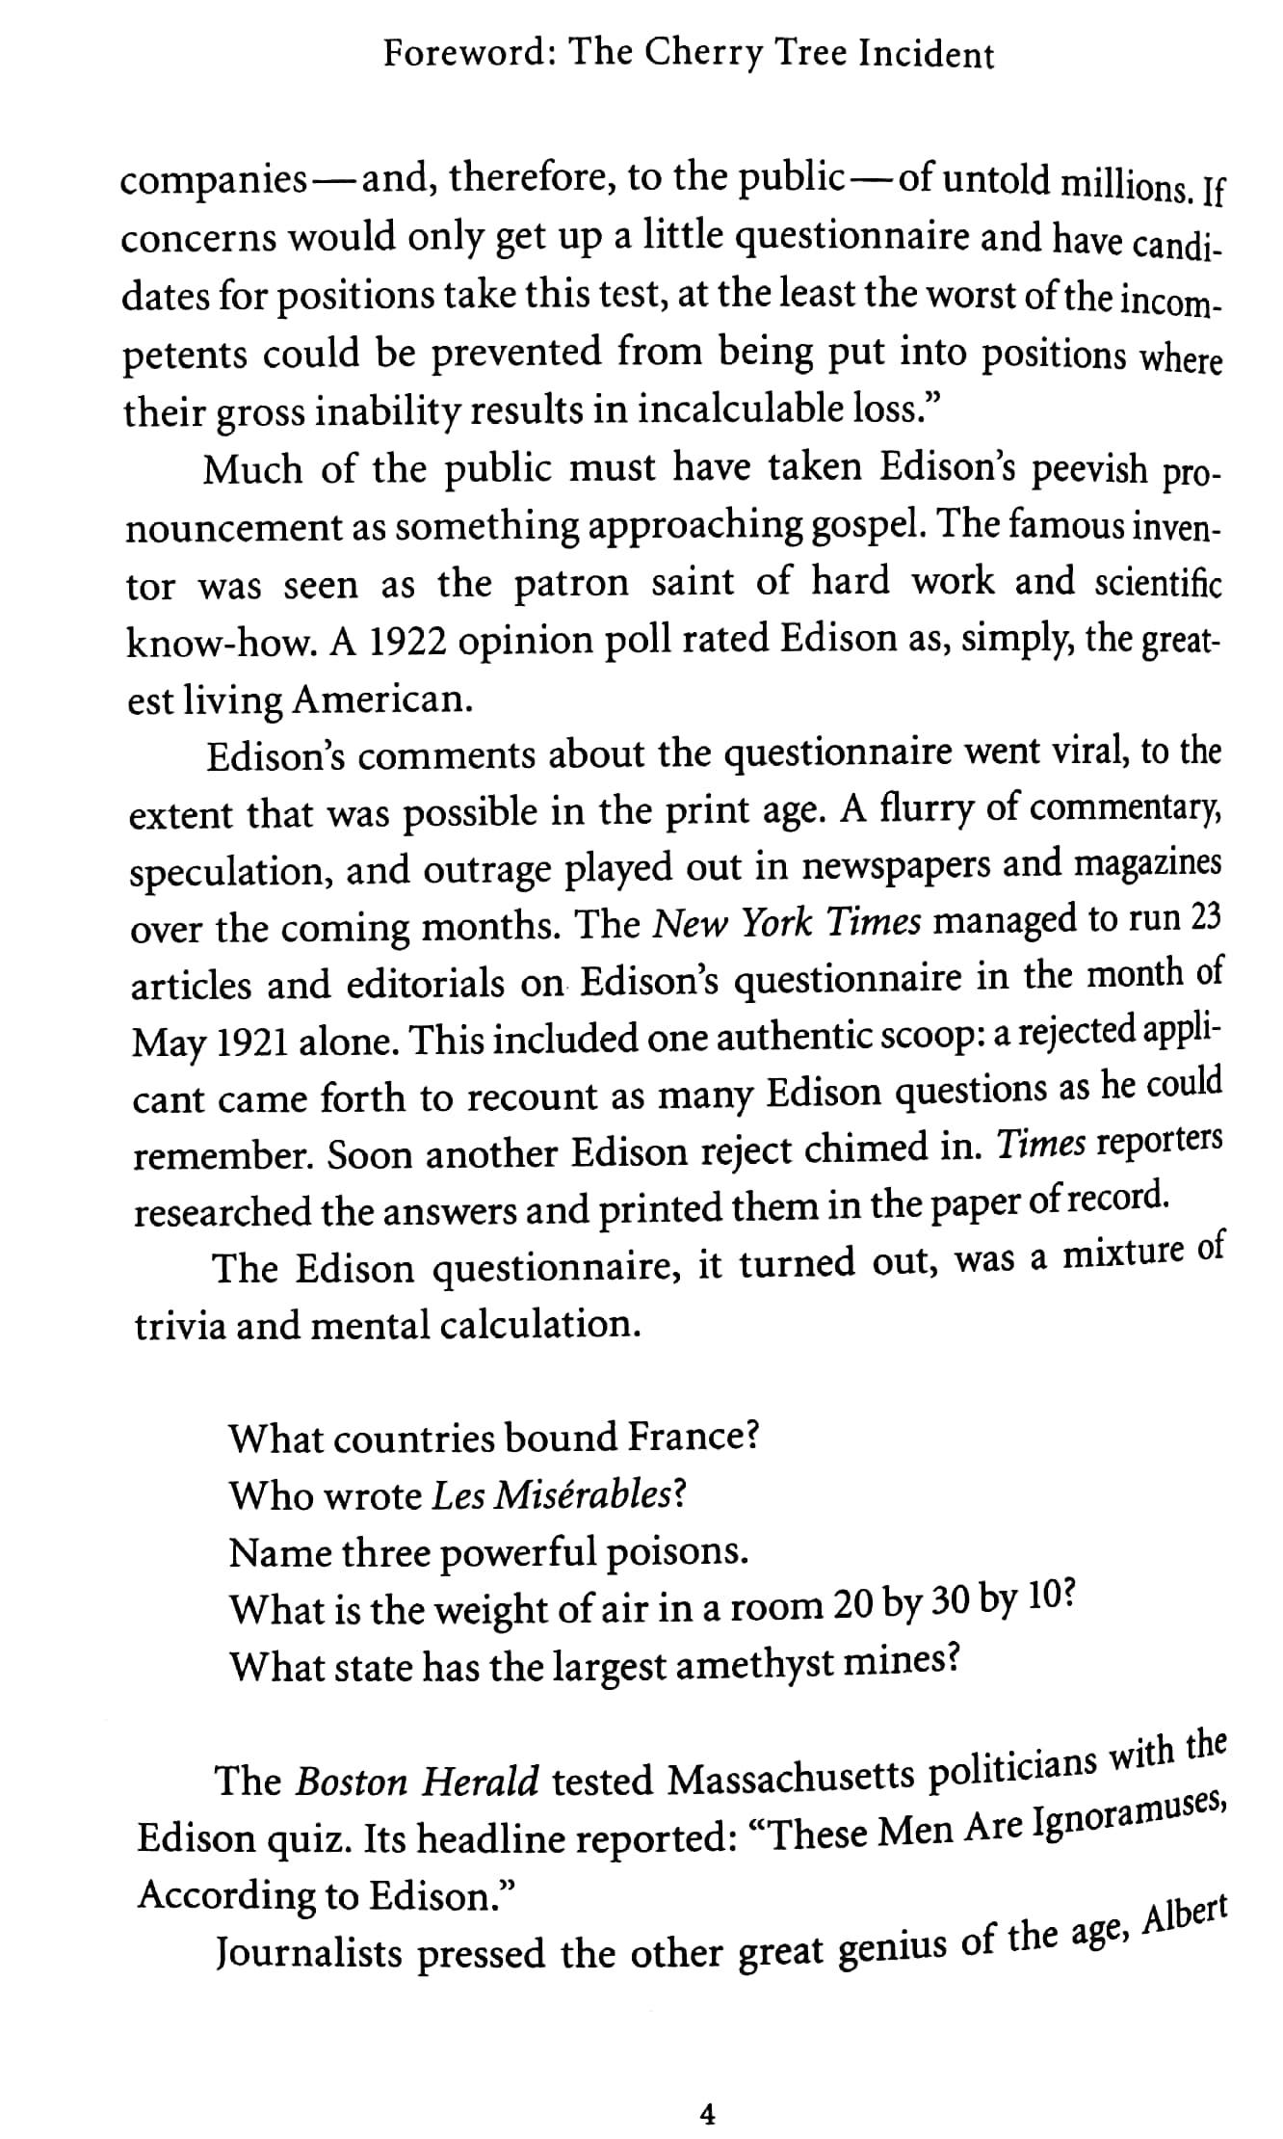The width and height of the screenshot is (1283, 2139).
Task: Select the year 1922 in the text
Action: (397, 643)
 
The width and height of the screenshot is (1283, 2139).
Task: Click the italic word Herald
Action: (482, 1782)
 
